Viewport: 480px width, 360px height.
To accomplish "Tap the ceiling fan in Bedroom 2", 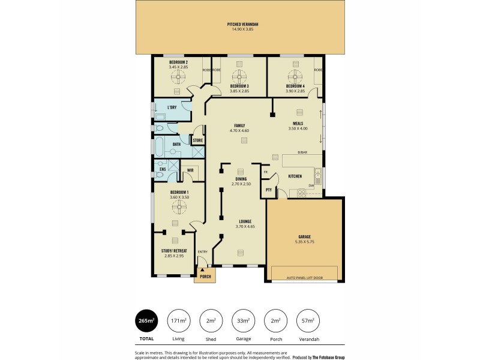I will pyautogui.click(x=178, y=76).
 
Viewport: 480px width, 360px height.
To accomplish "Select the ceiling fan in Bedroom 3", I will pyautogui.click(x=239, y=76).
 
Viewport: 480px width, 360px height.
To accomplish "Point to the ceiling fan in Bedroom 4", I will pyautogui.click(x=295, y=76).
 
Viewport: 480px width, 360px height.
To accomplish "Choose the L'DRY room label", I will pyautogui.click(x=172, y=108).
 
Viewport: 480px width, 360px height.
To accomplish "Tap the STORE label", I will pyautogui.click(x=197, y=140).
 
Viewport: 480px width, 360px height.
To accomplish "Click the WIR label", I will pyautogui.click(x=190, y=170).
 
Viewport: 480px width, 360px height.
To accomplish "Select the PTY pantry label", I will pyautogui.click(x=268, y=190).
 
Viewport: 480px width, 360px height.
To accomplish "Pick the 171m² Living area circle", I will pyautogui.click(x=178, y=320).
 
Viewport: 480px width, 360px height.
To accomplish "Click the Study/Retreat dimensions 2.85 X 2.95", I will pyautogui.click(x=174, y=256).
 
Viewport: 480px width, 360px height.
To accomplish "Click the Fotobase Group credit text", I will pyautogui.click(x=328, y=356).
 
